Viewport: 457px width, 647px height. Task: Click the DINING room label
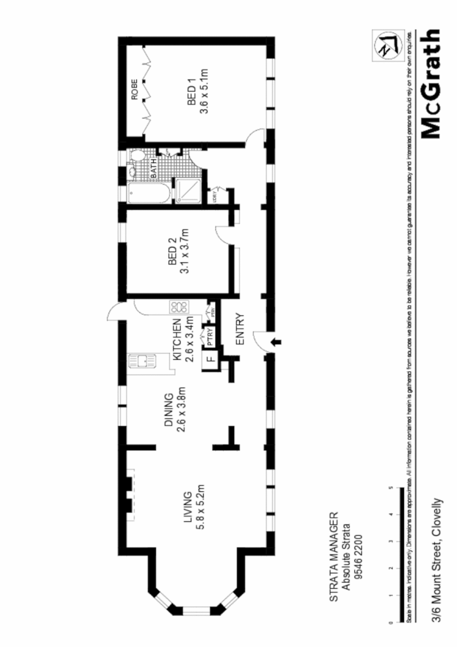[168, 410]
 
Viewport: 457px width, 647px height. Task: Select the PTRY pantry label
[210, 338]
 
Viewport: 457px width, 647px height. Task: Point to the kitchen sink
[139, 360]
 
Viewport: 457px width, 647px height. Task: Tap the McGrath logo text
[431, 84]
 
